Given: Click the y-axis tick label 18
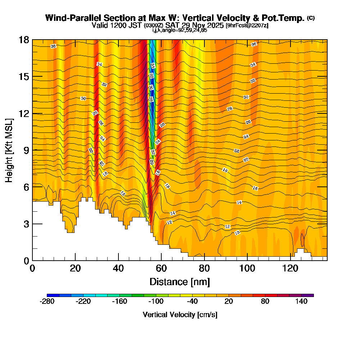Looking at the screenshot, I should (x=24, y=40).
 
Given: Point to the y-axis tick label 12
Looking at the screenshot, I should (x=24, y=113).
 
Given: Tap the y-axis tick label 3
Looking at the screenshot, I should (x=26, y=224).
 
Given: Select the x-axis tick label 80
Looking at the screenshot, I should (x=204, y=269).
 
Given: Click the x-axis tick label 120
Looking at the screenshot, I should (x=290, y=269).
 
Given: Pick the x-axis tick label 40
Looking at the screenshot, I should (x=118, y=269).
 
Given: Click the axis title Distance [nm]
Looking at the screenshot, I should (x=180, y=282).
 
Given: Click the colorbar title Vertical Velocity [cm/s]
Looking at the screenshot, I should (x=180, y=315).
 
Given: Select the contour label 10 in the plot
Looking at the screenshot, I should (x=237, y=233).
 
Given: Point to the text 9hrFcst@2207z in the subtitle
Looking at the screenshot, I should (x=247, y=25).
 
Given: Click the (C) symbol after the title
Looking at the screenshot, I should (x=311, y=18).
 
